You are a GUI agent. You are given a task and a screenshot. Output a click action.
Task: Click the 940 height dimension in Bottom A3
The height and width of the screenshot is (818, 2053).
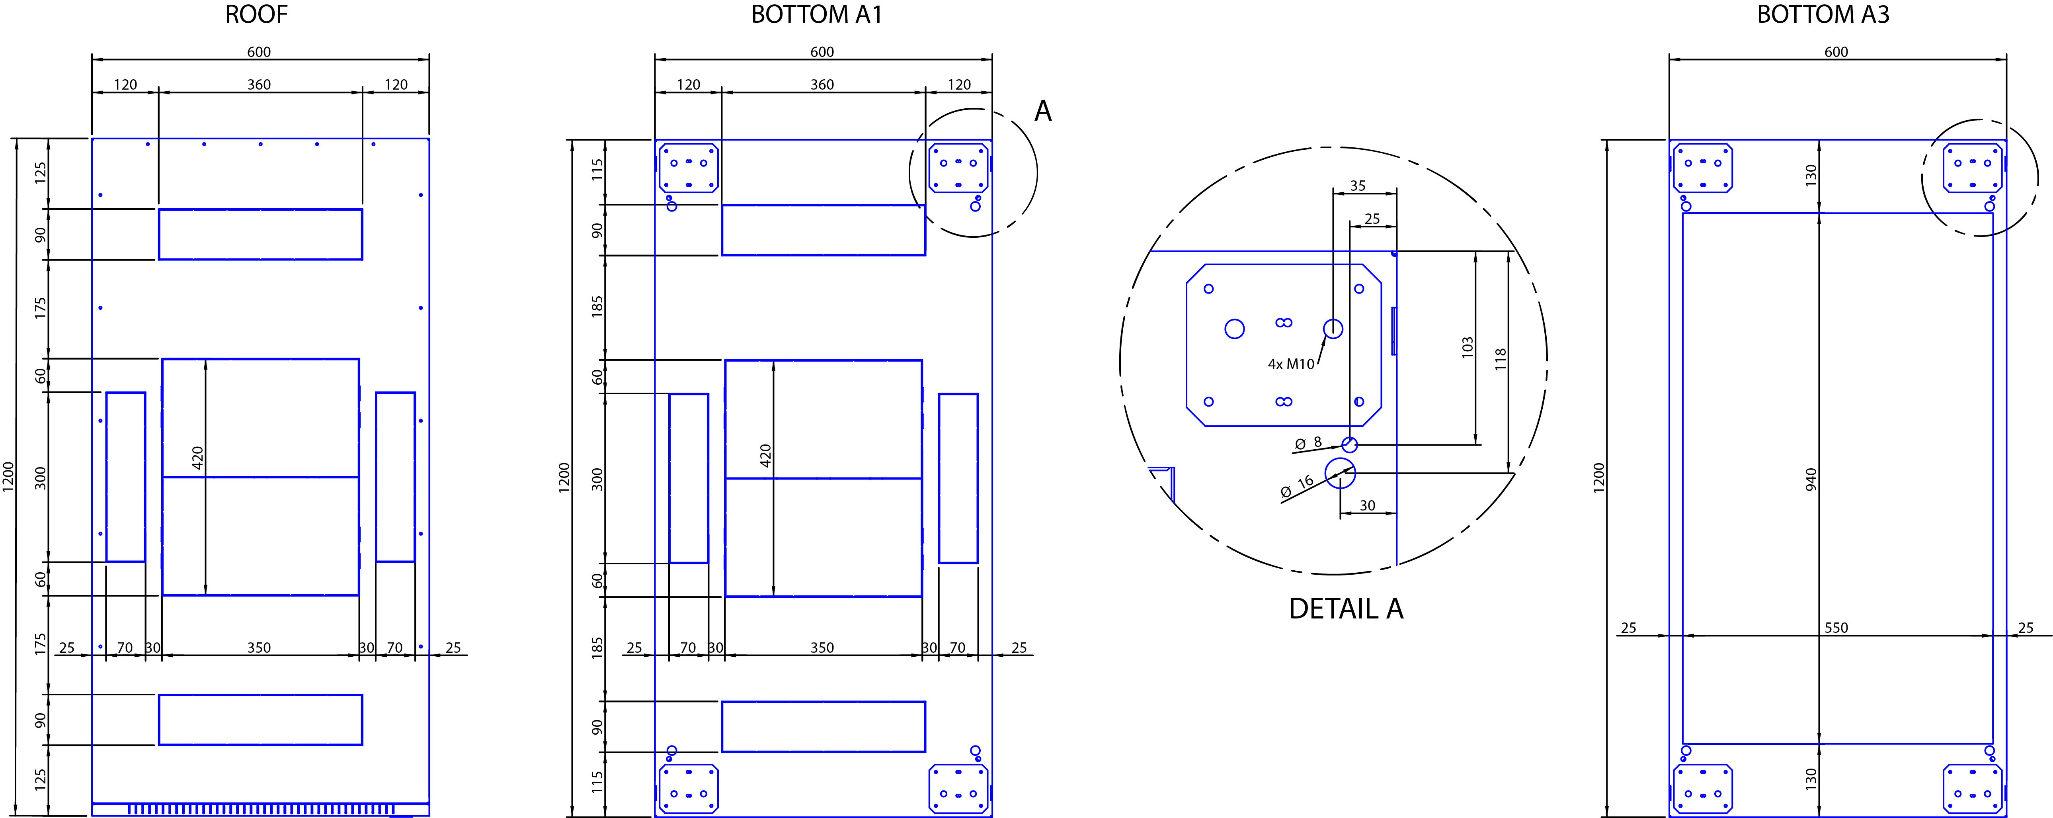coord(1811,479)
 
